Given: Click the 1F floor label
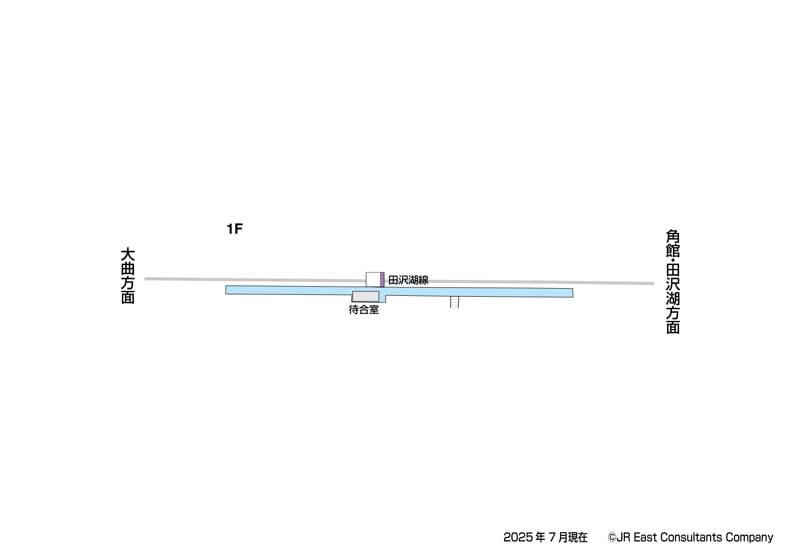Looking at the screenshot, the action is [235, 229].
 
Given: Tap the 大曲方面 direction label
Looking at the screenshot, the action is [128, 276].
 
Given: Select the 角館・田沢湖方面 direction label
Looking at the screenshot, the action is [673, 281].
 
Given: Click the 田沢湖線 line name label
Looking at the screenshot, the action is [408, 280].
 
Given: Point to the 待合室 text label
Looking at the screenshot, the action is [364, 310].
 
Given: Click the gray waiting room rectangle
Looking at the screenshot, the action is [366, 296].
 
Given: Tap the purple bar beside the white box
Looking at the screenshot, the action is [382, 279].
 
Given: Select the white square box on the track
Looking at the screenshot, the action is [373, 279].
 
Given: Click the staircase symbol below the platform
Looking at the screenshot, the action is [454, 302].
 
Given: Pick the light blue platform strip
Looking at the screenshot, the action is [399, 292].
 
